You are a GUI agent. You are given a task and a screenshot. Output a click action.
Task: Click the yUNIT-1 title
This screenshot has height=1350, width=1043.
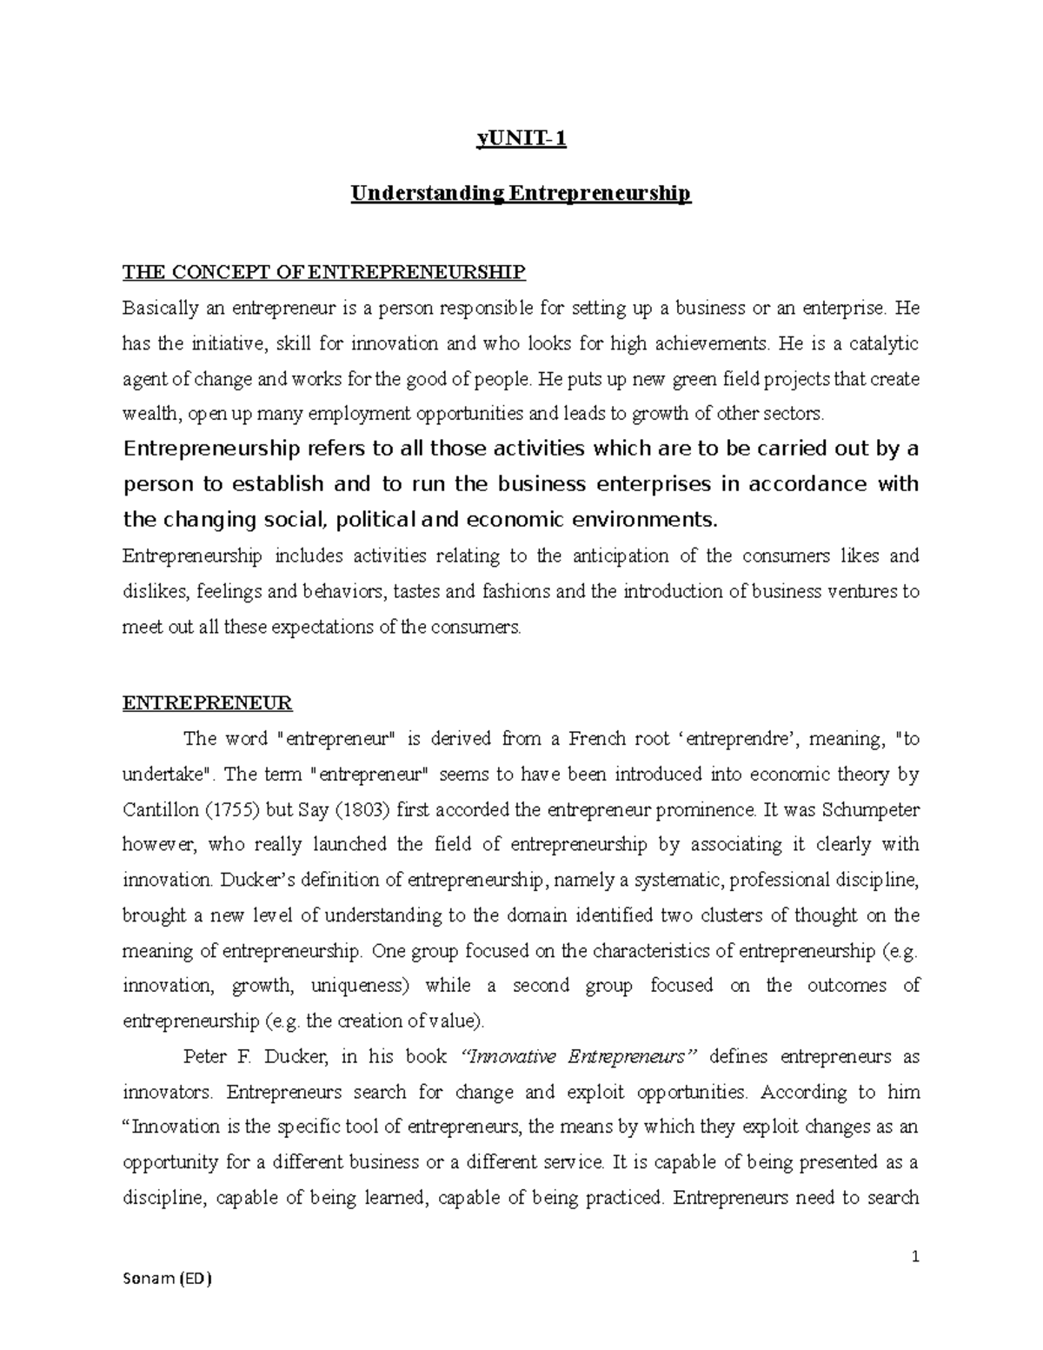(521, 139)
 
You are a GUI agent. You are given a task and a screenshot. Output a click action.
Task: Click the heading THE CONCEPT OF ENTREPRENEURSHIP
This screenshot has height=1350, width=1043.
(324, 273)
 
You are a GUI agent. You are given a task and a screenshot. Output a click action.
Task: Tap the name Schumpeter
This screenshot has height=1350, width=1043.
(860, 809)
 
